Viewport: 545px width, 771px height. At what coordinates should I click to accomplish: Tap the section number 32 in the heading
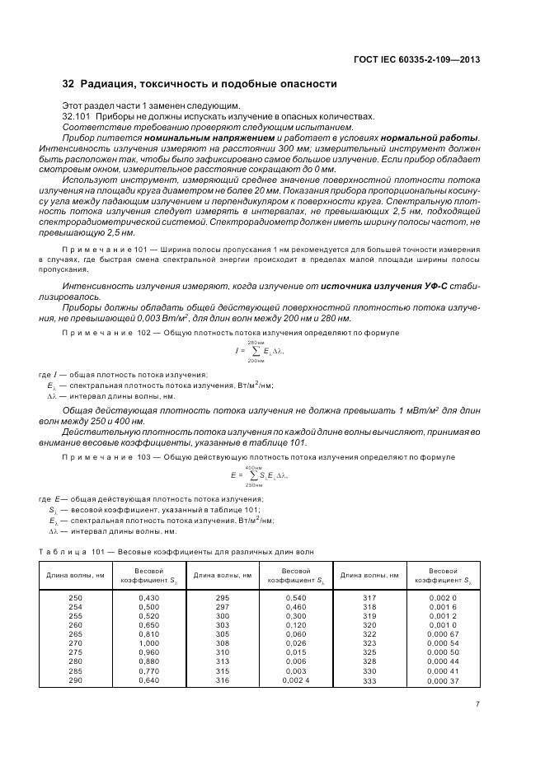point(68,84)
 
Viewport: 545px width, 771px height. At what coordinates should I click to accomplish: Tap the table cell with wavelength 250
point(75,596)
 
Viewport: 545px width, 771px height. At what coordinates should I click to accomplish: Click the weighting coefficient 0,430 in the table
point(148,596)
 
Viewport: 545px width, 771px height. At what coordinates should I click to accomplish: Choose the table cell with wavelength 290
point(75,680)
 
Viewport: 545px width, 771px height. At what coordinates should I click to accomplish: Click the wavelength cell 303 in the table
point(222,624)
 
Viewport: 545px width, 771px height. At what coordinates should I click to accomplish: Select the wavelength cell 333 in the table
point(369,680)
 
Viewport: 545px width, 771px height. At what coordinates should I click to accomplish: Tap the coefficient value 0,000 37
point(443,680)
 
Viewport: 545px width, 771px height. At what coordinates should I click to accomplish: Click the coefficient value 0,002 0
point(443,596)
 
